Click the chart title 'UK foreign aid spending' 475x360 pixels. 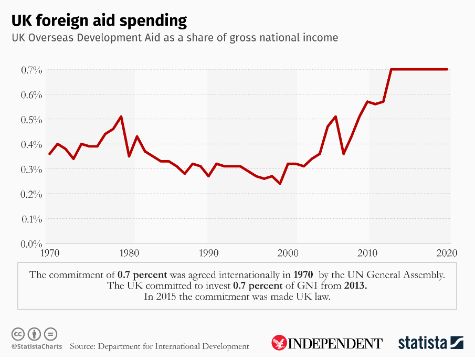click(x=99, y=20)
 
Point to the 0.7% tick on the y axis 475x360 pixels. click(x=31, y=70)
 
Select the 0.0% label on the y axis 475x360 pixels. click(x=31, y=244)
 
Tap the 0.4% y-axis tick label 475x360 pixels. click(x=31, y=144)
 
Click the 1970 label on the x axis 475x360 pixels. click(x=49, y=252)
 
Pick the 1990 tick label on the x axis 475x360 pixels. click(x=209, y=252)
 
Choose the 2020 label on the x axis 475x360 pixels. click(x=447, y=252)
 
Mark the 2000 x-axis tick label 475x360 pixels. click(x=288, y=252)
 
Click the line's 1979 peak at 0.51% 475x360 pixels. click(x=121, y=117)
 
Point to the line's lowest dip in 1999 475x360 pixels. click(x=280, y=184)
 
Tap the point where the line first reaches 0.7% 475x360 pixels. click(x=392, y=69)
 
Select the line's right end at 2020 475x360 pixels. click(x=447, y=69)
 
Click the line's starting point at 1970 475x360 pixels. click(x=49, y=154)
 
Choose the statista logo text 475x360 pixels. click(x=423, y=343)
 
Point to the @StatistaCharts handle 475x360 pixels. click(x=37, y=346)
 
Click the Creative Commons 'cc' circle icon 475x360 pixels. click(x=18, y=334)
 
